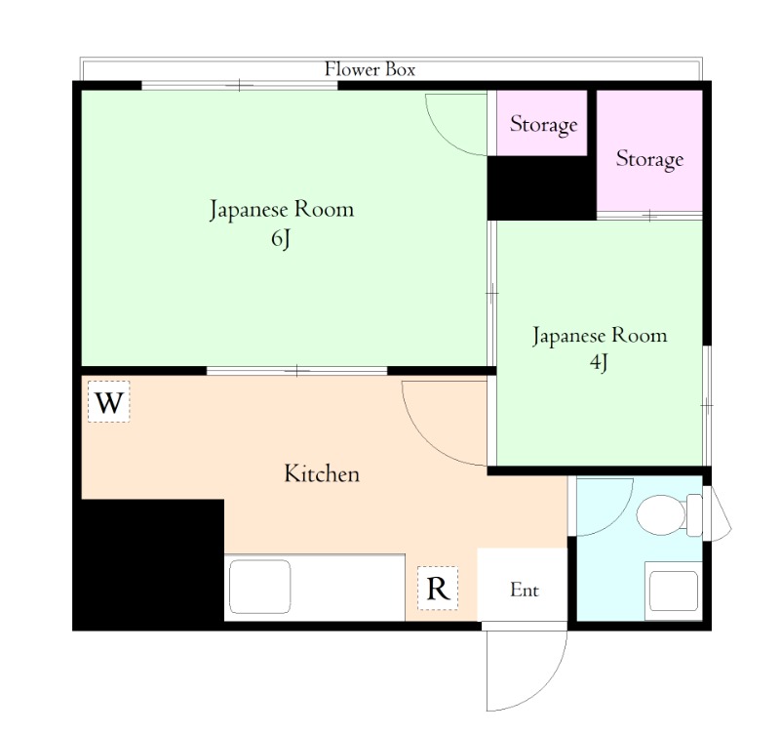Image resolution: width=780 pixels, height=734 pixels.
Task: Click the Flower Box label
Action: tap(370, 69)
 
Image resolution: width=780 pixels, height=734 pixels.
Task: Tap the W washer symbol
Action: tap(109, 402)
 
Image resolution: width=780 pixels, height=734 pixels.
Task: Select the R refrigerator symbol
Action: tap(438, 589)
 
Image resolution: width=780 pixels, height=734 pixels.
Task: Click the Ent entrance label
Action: tap(525, 591)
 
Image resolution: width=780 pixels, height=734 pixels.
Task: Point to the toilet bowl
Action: tap(661, 515)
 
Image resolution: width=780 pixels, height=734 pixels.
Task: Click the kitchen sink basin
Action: tap(259, 587)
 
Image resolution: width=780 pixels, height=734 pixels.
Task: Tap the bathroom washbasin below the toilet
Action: tap(674, 591)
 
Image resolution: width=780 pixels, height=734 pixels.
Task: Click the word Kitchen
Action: tap(322, 473)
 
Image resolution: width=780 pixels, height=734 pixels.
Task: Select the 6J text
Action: tap(281, 239)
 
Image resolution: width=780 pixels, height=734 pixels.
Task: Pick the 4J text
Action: tap(599, 362)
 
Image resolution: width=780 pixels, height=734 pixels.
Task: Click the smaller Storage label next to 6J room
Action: tap(544, 124)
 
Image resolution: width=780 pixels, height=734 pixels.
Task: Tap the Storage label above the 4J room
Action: tap(649, 159)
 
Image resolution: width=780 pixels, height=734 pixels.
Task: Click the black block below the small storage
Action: tap(542, 188)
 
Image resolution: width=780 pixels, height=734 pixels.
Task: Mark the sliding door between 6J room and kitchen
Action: tap(297, 371)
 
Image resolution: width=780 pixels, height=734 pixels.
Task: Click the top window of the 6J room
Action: tap(239, 86)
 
